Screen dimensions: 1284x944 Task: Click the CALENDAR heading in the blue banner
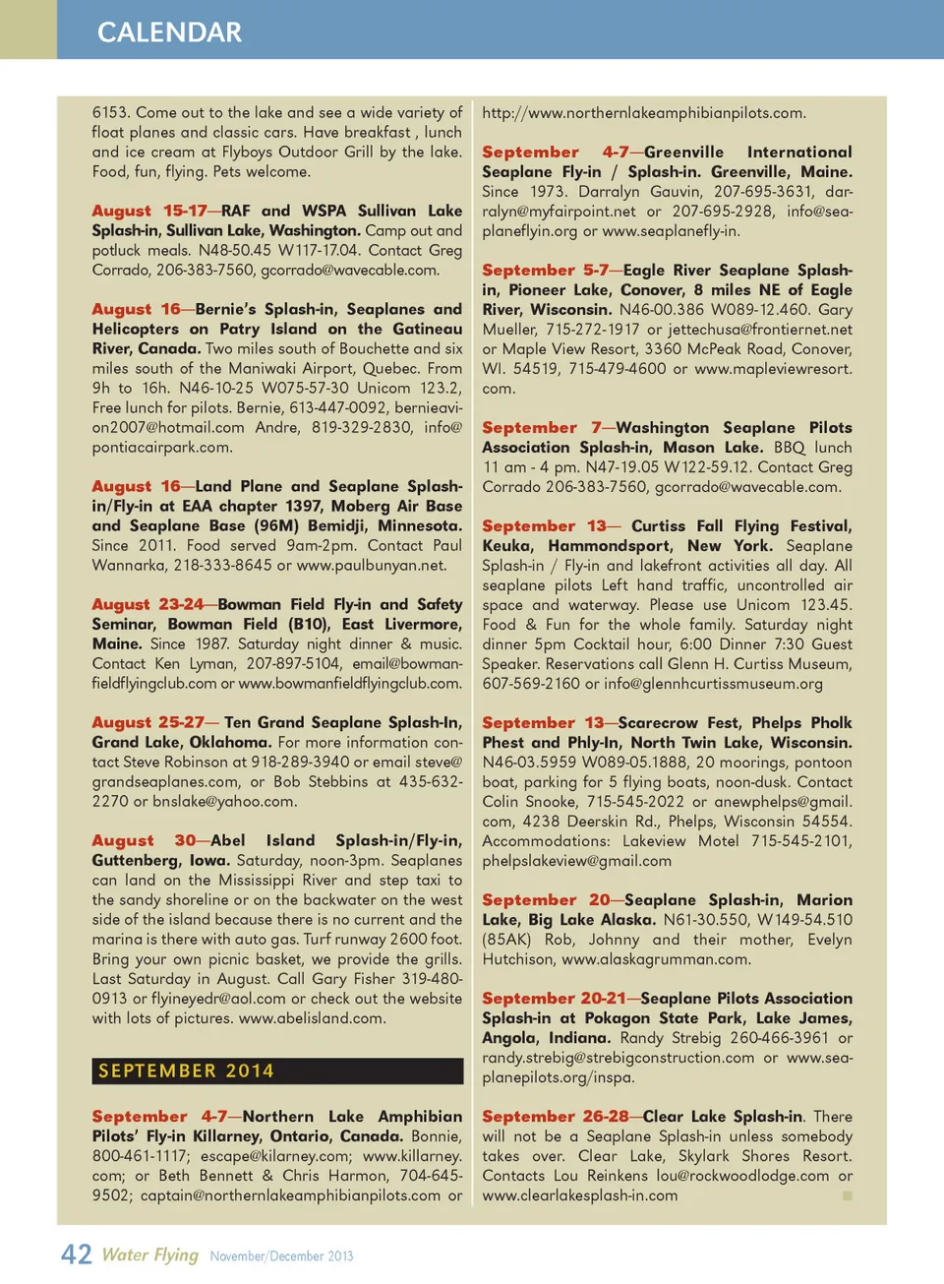click(169, 32)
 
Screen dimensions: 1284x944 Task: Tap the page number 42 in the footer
click(76, 1254)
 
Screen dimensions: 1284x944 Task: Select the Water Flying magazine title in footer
click(149, 1254)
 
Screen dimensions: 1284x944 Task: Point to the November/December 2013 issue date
click(281, 1256)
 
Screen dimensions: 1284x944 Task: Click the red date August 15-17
click(149, 211)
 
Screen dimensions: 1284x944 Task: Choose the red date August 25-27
click(147, 722)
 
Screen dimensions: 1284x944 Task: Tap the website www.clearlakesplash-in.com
click(580, 1195)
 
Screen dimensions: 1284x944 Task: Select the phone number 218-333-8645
click(223, 565)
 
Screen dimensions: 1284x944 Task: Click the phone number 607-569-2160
click(531, 683)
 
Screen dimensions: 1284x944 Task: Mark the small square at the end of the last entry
click(847, 1195)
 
